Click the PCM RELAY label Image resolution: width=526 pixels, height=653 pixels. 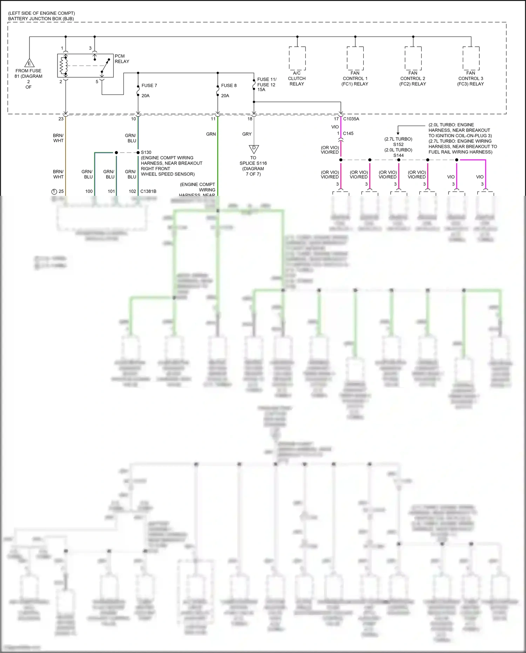(x=122, y=59)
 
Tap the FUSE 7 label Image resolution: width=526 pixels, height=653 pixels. (x=149, y=86)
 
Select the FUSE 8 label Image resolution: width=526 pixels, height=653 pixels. (x=229, y=86)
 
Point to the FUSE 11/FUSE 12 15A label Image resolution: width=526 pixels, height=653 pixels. (x=267, y=85)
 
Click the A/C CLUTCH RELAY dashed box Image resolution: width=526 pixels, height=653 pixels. (x=297, y=58)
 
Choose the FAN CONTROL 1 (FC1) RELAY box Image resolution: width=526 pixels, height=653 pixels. (x=355, y=58)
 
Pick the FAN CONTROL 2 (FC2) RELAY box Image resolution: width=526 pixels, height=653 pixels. (x=413, y=58)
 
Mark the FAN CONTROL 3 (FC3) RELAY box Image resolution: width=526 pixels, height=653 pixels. (x=471, y=58)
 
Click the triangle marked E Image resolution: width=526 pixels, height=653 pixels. (x=29, y=63)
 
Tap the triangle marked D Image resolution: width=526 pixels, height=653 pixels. (x=254, y=148)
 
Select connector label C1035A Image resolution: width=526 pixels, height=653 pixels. (x=351, y=119)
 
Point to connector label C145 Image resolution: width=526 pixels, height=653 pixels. (x=348, y=133)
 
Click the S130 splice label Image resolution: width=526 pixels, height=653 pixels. (x=146, y=152)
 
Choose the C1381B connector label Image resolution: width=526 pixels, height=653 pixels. (x=148, y=191)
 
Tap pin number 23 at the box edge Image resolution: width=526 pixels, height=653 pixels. (x=61, y=119)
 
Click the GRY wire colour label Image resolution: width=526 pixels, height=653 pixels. (x=247, y=134)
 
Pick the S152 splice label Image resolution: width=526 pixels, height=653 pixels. (x=398, y=145)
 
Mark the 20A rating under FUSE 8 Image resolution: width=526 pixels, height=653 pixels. (x=225, y=96)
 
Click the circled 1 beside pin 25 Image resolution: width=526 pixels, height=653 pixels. (x=54, y=192)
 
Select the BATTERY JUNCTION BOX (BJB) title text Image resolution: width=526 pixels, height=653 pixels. (x=41, y=19)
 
